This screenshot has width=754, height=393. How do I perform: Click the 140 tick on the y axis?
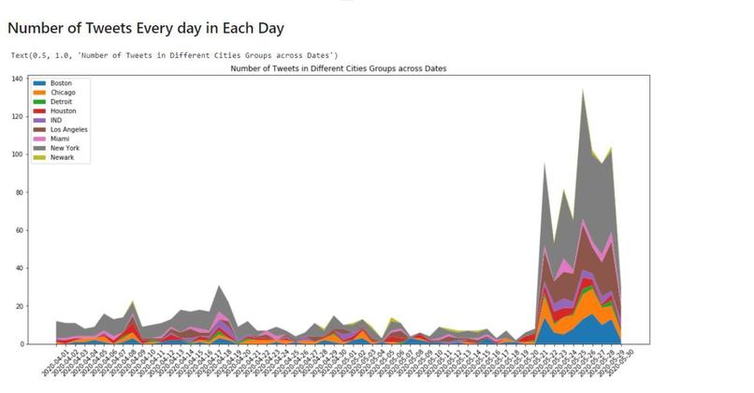[x=17, y=80]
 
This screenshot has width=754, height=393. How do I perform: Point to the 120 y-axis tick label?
[x=17, y=117]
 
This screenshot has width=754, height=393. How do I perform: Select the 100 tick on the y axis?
[x=17, y=154]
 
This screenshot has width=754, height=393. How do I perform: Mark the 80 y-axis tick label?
[x=19, y=193]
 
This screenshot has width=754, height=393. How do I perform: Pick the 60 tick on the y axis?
[x=19, y=230]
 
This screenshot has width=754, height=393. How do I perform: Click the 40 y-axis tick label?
[x=19, y=269]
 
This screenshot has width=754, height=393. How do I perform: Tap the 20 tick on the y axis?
[x=19, y=306]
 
